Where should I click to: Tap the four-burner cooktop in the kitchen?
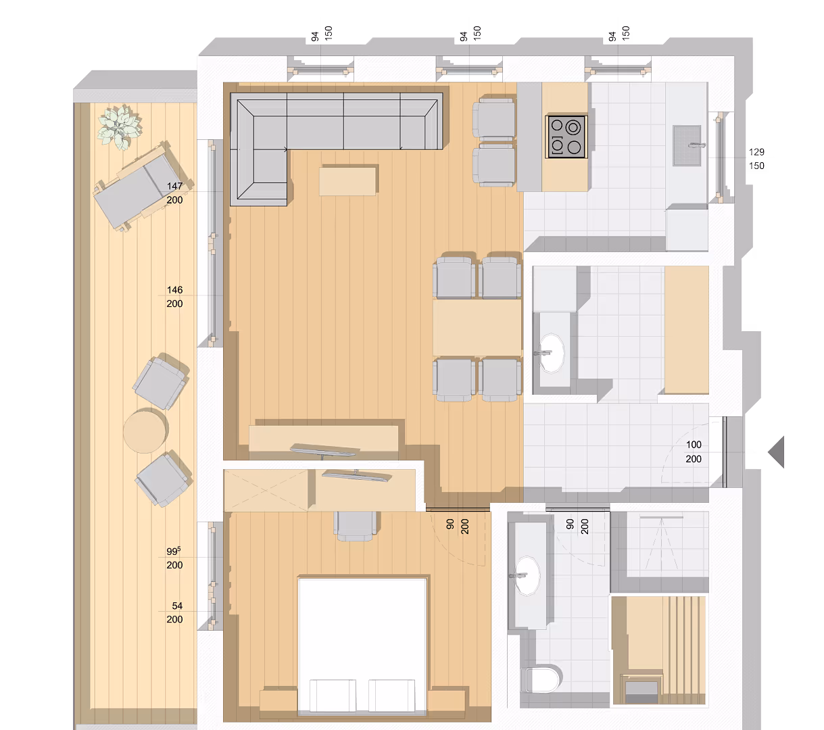(566, 136)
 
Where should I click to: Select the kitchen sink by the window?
(688, 145)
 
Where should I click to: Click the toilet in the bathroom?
(543, 679)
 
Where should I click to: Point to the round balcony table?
(145, 431)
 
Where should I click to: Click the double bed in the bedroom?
(363, 646)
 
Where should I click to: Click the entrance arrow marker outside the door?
(777, 452)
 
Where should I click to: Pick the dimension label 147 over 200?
(174, 193)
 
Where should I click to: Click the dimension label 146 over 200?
(174, 297)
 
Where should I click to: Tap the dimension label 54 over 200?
(176, 612)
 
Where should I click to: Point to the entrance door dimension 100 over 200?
(694, 452)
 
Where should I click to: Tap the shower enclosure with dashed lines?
(660, 543)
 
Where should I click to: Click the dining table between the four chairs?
(477, 327)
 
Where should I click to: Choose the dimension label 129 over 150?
(756, 159)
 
